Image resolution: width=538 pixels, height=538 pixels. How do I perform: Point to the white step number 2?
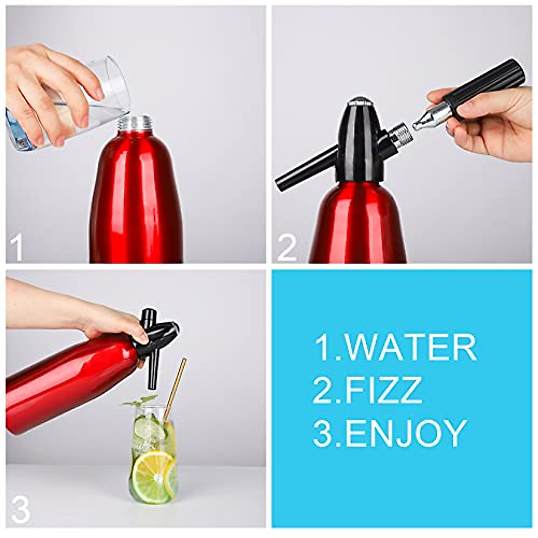pos(287,248)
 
